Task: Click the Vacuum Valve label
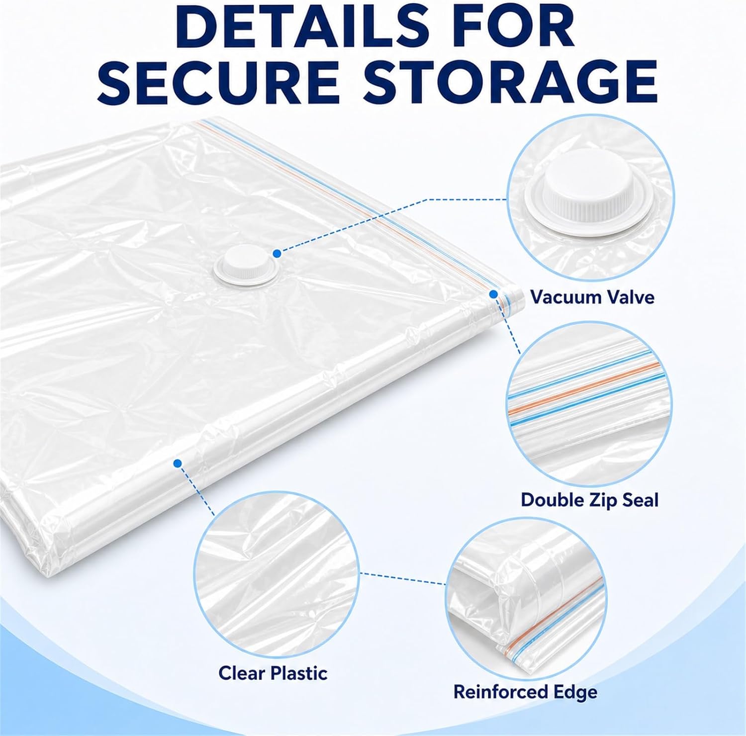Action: (592, 297)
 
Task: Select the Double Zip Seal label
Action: (589, 500)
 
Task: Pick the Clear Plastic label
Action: (273, 673)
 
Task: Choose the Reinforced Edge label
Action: (525, 692)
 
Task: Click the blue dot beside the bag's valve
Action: (277, 254)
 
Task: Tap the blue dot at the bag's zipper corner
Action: (493, 294)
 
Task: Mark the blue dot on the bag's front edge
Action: (178, 463)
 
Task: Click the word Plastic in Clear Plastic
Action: (299, 673)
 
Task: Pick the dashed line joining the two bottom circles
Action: (403, 578)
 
